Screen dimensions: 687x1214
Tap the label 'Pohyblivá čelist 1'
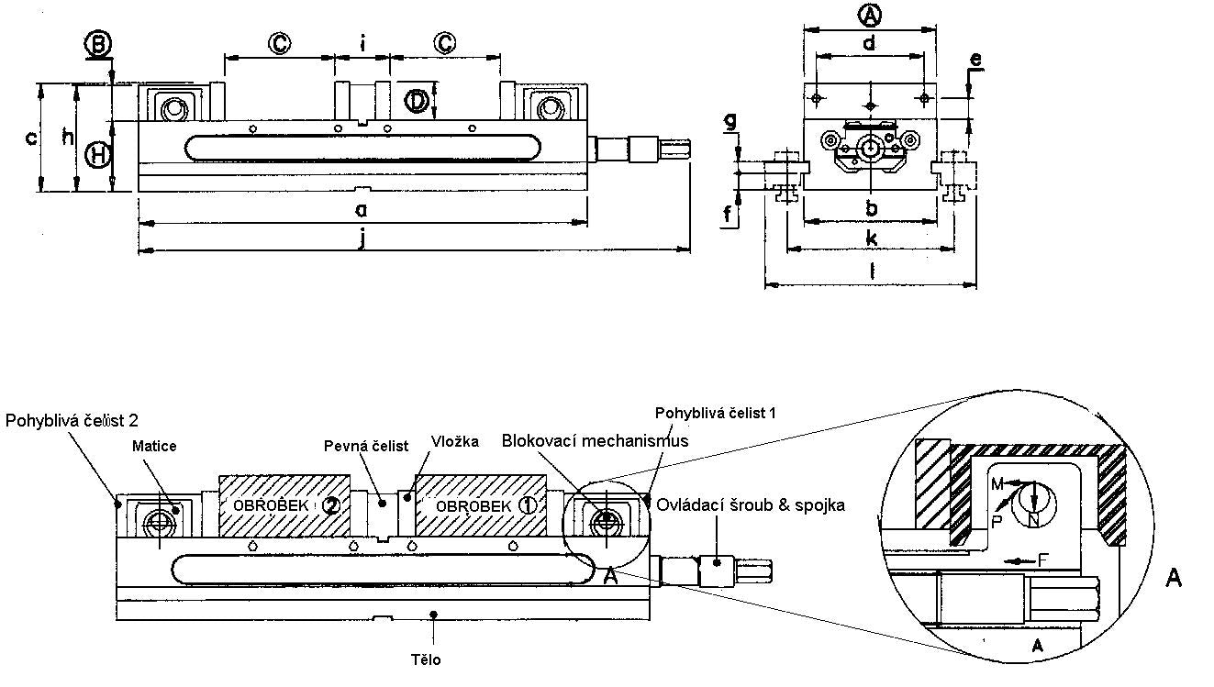(716, 414)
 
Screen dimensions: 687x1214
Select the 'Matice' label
(154, 446)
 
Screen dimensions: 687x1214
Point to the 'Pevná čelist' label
(366, 446)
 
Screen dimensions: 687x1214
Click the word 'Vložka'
(455, 442)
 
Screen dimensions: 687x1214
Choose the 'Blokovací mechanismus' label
(595, 441)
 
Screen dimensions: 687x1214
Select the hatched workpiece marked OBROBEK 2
(284, 505)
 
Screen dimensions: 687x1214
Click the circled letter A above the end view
(869, 15)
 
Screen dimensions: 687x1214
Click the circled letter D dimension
(418, 100)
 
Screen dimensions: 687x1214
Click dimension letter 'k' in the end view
(871, 238)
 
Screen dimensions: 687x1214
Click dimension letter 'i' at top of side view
(362, 43)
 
